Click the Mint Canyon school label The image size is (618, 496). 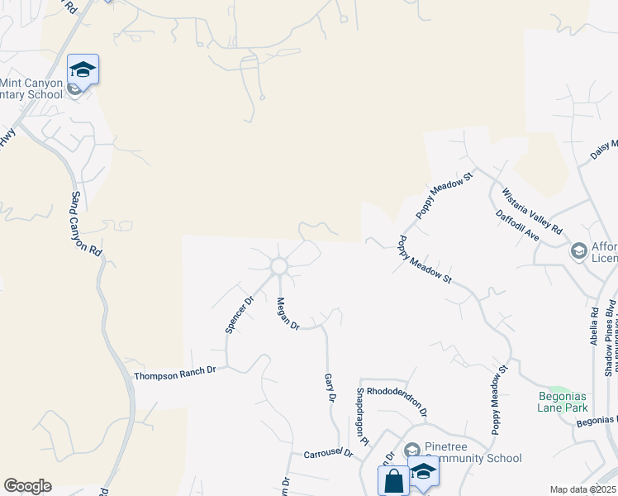coord(31,88)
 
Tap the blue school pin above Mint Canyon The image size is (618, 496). coord(83,69)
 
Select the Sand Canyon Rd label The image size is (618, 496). coord(85,222)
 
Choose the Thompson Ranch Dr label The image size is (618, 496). coord(174,373)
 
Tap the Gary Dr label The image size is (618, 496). coord(330,387)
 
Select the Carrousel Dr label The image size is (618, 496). coord(327,454)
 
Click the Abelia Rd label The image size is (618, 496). coord(594,324)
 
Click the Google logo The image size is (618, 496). coord(27,486)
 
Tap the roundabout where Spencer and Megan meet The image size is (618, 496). coord(278,266)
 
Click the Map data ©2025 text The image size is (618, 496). coord(582,489)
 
